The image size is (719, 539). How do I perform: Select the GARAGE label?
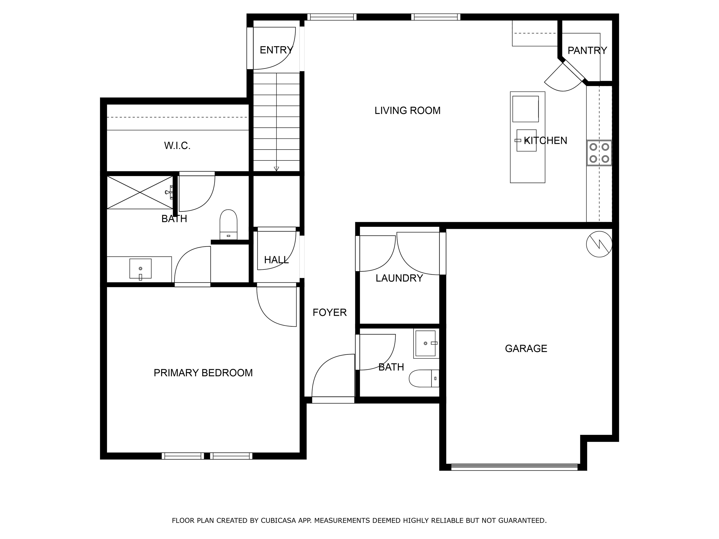[526, 348]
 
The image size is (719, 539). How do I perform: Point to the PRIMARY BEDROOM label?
[203, 373]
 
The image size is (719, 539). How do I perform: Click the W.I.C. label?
[177, 146]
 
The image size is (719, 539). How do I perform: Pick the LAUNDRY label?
[399, 278]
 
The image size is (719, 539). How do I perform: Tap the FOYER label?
[330, 313]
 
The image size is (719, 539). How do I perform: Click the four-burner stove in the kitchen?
[599, 153]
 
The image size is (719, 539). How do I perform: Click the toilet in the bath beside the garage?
[424, 378]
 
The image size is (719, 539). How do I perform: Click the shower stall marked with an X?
[140, 192]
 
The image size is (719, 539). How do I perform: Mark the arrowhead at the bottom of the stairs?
[276, 169]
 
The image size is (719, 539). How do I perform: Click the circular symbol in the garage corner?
[599, 244]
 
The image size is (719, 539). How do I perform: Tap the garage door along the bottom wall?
[514, 467]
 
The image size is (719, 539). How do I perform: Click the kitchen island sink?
[526, 140]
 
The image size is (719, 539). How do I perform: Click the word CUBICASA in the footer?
[278, 521]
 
